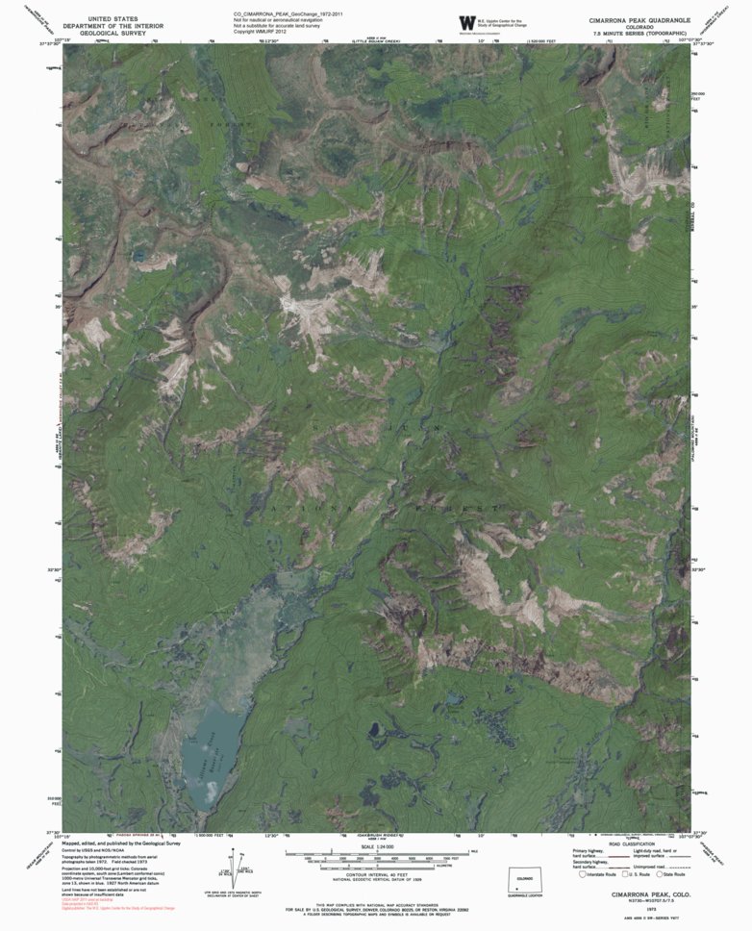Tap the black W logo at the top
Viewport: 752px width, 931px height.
467,22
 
